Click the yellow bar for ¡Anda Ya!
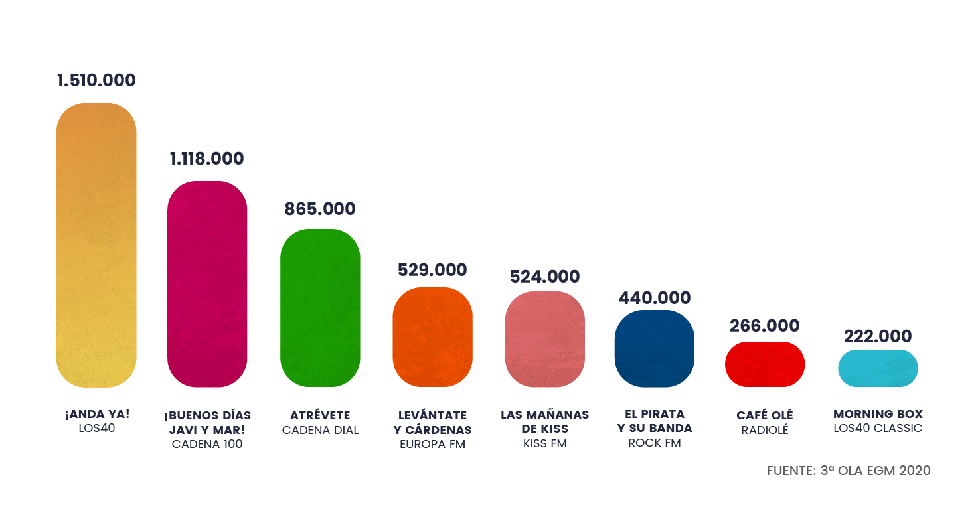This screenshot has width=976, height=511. point(96,245)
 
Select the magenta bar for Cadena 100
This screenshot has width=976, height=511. point(207,284)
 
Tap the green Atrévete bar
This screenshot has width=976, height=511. point(320,308)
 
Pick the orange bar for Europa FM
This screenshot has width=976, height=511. point(432,337)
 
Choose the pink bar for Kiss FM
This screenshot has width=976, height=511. point(544,339)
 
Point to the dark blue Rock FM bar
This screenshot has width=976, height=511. point(654,348)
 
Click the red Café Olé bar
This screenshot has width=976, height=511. point(764,364)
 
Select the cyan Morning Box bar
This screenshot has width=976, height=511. point(878,368)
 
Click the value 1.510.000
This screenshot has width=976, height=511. point(96,80)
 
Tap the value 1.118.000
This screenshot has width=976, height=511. point(207,159)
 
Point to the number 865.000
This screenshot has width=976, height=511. point(320,209)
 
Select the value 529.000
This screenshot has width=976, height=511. point(432,270)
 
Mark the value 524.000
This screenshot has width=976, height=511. point(544,277)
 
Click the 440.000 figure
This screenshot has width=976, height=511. point(655,298)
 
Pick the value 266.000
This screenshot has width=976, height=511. point(764,326)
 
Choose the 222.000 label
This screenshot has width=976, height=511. point(878,336)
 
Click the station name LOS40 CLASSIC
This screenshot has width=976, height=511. point(878,429)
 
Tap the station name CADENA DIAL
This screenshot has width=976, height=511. point(320,430)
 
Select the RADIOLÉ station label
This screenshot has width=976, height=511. point(765,430)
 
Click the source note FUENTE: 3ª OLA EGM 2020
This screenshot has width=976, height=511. point(849,471)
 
